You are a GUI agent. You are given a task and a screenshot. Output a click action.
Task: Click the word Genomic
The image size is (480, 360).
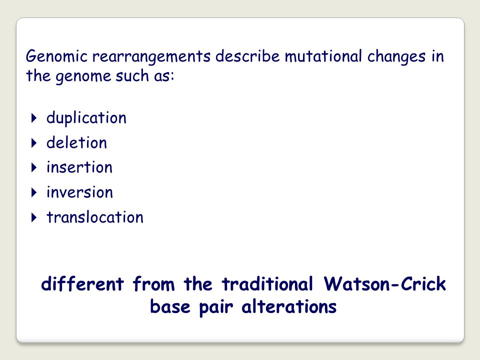56,57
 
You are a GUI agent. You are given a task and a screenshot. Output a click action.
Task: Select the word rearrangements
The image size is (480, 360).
151,57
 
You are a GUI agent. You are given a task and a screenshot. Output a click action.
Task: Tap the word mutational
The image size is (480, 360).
323,56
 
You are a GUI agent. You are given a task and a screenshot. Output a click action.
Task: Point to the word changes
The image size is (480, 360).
396,57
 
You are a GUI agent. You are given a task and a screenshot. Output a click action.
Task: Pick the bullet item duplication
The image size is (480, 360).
86,118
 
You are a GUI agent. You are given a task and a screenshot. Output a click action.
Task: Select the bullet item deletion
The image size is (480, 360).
76,142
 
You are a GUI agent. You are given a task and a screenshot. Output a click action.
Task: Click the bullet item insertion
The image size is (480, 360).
79,167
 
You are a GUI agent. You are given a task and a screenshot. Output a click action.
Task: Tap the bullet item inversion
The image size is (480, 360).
79,192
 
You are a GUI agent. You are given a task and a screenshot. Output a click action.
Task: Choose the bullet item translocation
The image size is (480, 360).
95,217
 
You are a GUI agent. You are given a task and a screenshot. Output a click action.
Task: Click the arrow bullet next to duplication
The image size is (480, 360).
34,118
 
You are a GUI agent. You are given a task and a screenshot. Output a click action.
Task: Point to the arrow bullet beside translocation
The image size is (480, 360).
34,217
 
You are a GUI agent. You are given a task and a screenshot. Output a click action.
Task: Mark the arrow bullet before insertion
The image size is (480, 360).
34,167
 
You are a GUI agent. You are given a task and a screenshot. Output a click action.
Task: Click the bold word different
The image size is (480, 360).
82,283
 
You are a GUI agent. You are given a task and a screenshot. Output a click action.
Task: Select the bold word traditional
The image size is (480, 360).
267,283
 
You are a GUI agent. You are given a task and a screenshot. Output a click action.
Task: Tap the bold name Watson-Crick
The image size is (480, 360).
385,283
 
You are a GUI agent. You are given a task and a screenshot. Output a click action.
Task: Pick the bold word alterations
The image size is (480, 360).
289,306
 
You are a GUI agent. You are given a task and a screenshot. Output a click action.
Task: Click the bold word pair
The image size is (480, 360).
216,307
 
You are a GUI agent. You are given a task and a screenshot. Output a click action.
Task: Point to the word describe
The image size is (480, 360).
247,56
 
